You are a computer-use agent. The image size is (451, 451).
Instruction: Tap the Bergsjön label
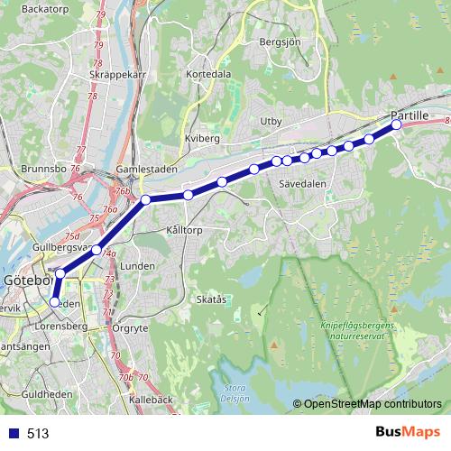pos(279,41)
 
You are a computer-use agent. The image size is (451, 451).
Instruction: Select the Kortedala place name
pos(208,74)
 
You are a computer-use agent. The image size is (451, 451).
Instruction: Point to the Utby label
pos(272,120)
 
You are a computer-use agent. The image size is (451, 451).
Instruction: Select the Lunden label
pos(138,266)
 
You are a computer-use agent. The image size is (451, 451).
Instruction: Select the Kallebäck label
pos(150,397)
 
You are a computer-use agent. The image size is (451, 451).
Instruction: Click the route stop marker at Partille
pos(396,125)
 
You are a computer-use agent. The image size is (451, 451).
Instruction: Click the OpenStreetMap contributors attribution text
pos(373,405)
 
